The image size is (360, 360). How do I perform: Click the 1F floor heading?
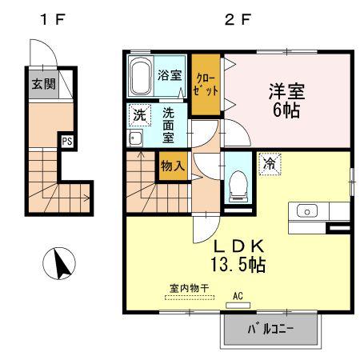53,20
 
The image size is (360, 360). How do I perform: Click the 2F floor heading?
238,20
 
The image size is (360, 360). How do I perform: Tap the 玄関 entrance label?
44,84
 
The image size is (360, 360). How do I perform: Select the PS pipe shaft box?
67,141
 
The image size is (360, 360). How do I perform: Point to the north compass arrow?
62,264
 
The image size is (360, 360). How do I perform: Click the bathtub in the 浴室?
140,76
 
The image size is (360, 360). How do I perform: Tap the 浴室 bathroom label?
170,75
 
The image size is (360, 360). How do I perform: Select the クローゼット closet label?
206,85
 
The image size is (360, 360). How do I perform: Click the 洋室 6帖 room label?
286,101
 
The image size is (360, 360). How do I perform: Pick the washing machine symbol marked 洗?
140,115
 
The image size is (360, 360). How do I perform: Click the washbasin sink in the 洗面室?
134,138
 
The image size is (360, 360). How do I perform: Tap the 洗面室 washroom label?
168,125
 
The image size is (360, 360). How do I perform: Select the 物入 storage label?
173,166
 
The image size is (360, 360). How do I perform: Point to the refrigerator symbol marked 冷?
270,165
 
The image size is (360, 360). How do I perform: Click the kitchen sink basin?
307,211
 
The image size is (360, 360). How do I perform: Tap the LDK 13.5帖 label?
238,255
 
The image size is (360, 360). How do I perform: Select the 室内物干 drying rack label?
189,288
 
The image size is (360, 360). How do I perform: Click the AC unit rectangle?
238,306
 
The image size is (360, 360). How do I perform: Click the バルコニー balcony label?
270,330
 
